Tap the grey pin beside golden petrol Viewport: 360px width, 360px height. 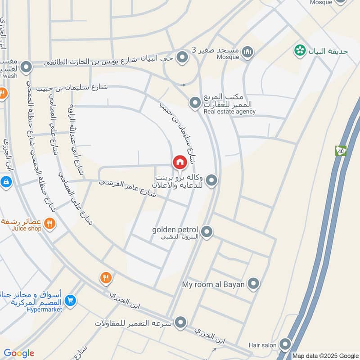(x=207, y=232)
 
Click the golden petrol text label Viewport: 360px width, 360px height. (x=175, y=229)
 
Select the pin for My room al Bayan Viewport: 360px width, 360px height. (x=254, y=284)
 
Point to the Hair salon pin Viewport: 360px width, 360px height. (x=285, y=345)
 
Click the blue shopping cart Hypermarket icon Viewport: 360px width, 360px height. (x=70, y=300)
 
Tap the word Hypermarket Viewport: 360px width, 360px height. (x=44, y=309)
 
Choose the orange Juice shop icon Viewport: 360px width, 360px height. (x=49, y=223)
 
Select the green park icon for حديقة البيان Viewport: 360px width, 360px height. (x=299, y=51)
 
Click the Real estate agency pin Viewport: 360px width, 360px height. (x=194, y=103)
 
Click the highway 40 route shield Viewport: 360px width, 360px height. (x=340, y=151)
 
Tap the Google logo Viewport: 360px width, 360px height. (x=18, y=353)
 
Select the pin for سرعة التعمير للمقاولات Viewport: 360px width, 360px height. (x=180, y=322)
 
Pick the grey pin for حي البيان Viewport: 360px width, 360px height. (x=182, y=57)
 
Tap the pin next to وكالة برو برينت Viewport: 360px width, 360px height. (x=212, y=181)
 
